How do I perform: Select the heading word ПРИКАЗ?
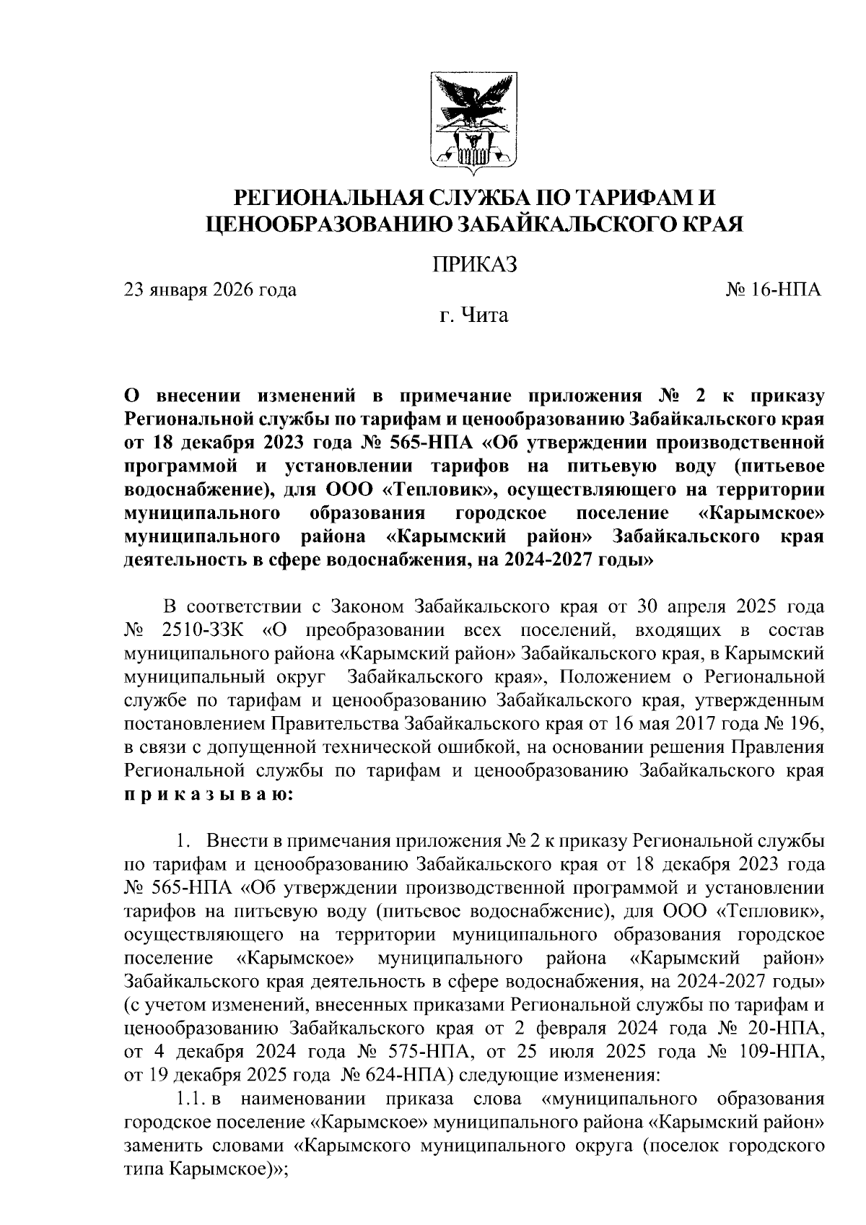click(x=475, y=264)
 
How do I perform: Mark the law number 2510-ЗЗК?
click(x=204, y=630)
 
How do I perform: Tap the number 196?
click(x=804, y=723)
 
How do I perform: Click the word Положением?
click(x=614, y=677)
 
